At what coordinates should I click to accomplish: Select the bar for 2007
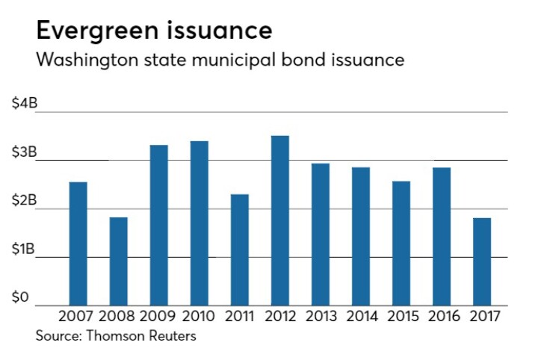coord(78,243)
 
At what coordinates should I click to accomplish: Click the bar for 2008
coord(118,261)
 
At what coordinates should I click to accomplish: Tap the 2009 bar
coord(158,225)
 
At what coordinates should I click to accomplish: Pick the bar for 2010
coord(199,223)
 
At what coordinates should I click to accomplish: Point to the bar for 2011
coord(239,249)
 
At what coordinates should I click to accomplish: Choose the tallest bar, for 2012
coord(279,220)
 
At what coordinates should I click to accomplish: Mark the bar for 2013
coord(320,234)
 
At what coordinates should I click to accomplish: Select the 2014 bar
coord(361,236)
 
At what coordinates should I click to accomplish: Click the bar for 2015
coord(401,243)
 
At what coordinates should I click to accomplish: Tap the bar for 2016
coord(442,236)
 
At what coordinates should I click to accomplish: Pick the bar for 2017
coord(482,261)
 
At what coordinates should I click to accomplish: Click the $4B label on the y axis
coord(25,104)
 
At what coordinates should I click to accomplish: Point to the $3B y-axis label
coord(25,152)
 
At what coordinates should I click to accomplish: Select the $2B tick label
coord(25,201)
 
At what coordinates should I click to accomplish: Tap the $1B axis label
coord(25,249)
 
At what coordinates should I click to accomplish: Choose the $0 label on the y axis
coord(21,298)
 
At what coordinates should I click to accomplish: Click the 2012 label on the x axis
coord(279,316)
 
